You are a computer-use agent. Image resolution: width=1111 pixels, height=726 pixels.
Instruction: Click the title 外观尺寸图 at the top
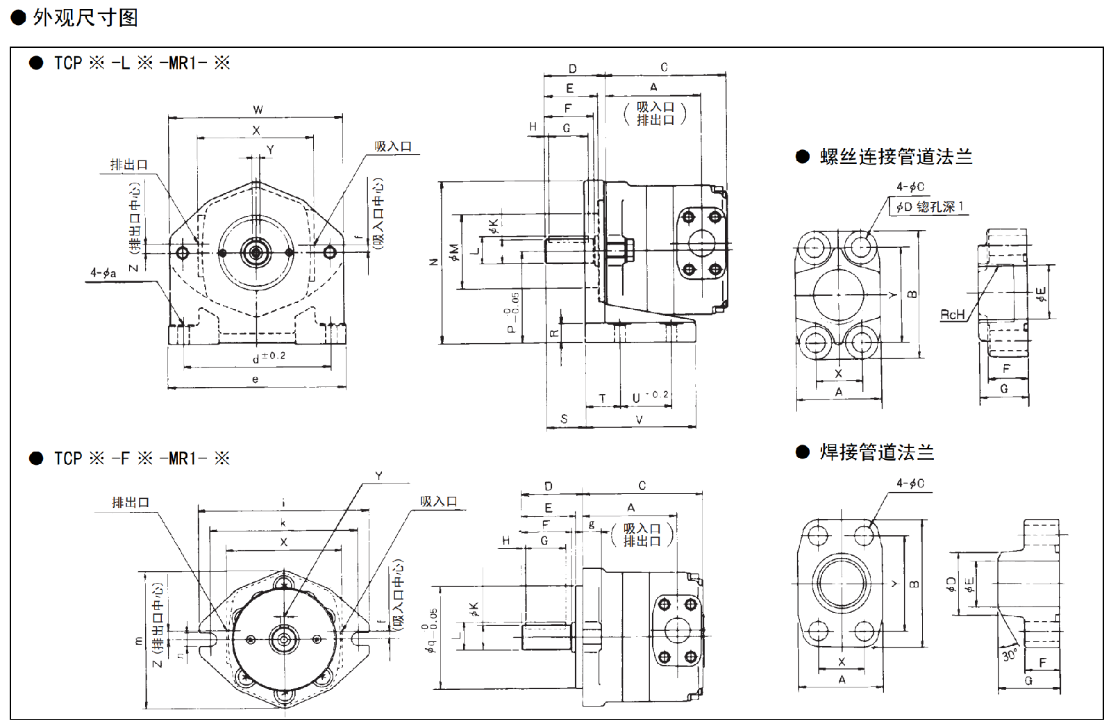[x=85, y=17]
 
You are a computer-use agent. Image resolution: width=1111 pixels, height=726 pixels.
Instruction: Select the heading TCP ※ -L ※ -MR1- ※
[x=142, y=63]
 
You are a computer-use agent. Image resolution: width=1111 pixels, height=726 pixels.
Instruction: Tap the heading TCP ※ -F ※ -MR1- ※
[x=142, y=459]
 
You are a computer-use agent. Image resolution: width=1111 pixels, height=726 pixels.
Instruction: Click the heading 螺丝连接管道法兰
[x=896, y=157]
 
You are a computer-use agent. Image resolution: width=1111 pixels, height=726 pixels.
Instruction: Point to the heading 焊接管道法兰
[x=876, y=452]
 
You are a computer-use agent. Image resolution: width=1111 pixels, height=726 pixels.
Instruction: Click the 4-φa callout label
[x=103, y=273]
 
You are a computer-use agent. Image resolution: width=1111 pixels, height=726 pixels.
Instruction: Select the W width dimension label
[x=258, y=110]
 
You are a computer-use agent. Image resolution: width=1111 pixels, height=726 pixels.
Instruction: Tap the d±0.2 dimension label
[x=269, y=357]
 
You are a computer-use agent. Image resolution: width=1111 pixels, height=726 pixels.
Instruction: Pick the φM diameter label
[x=454, y=252]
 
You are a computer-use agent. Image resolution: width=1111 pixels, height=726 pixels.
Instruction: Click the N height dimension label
[x=434, y=262]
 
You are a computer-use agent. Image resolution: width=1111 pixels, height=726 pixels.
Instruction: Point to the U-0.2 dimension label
[x=650, y=397]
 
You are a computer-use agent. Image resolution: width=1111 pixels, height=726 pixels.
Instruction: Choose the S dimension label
[x=564, y=419]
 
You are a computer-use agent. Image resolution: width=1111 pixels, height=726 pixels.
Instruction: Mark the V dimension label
[x=639, y=419]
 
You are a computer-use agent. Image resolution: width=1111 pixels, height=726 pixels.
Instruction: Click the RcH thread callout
[x=952, y=315]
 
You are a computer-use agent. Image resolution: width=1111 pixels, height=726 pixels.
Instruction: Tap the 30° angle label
[x=1010, y=654]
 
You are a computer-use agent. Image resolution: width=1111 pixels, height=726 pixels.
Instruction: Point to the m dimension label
[x=139, y=641]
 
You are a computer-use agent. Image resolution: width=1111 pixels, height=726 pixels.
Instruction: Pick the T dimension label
[x=602, y=398]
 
